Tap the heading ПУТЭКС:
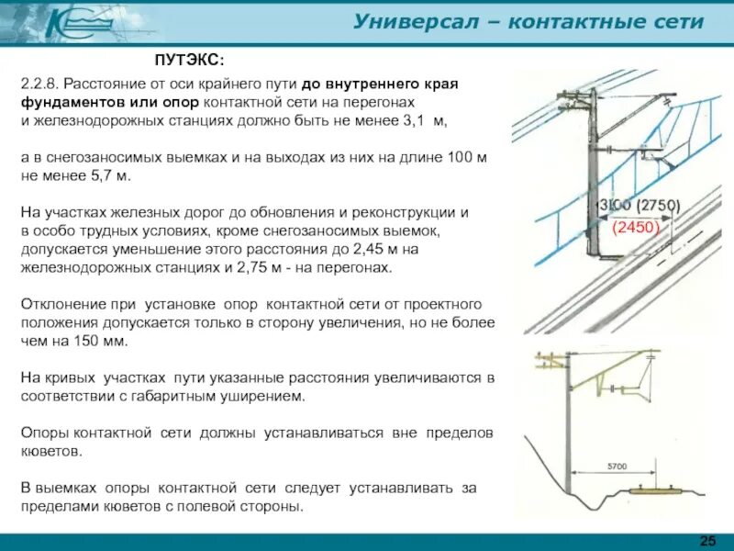[x=189, y=60]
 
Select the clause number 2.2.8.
[x=39, y=84]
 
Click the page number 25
[x=707, y=537]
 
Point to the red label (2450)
[x=636, y=223]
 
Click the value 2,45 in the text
[x=375, y=249]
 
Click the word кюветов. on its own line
[x=50, y=451]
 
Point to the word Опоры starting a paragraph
[x=43, y=433]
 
